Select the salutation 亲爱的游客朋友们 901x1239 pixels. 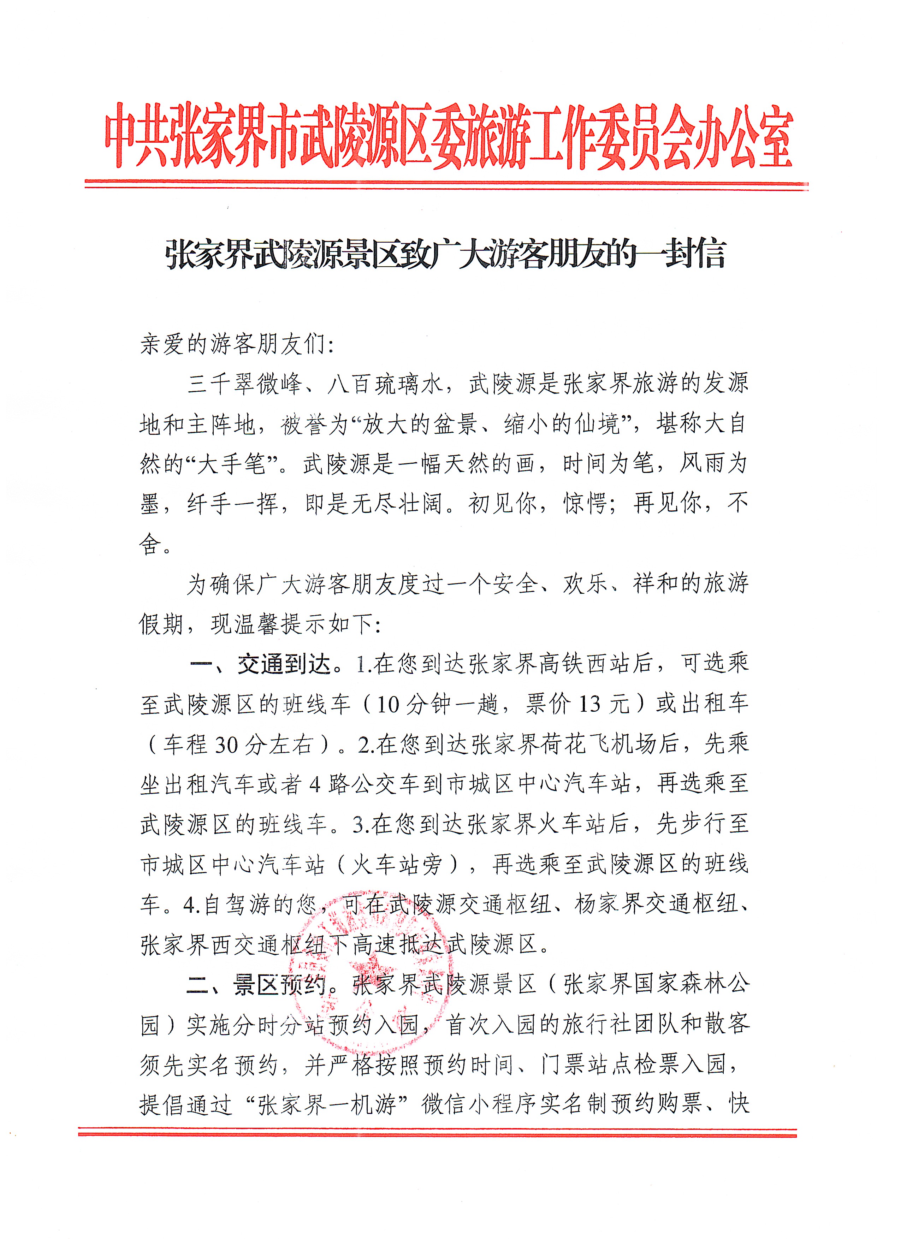coord(233,344)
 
